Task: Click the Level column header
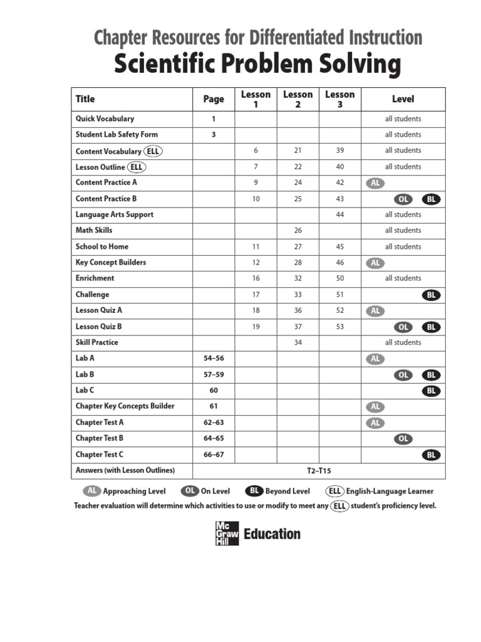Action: click(x=403, y=99)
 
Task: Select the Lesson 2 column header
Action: click(x=297, y=99)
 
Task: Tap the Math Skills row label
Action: click(x=94, y=230)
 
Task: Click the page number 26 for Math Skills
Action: click(x=297, y=230)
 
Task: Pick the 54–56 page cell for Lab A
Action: click(x=214, y=358)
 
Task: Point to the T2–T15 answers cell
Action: click(x=319, y=470)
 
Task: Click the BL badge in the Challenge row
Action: click(x=431, y=295)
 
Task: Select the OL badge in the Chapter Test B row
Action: click(x=403, y=438)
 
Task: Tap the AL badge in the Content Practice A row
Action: click(x=375, y=183)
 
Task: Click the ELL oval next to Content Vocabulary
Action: click(x=153, y=151)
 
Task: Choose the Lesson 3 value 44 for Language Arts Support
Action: click(x=340, y=214)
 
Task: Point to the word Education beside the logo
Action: click(x=272, y=534)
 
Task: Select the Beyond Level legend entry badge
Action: click(x=254, y=491)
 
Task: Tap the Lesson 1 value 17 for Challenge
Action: click(x=256, y=295)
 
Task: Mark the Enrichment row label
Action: click(x=95, y=278)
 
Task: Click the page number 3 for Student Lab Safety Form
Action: click(x=214, y=134)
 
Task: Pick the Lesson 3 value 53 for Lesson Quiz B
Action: click(x=340, y=327)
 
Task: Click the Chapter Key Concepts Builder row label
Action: click(x=125, y=406)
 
